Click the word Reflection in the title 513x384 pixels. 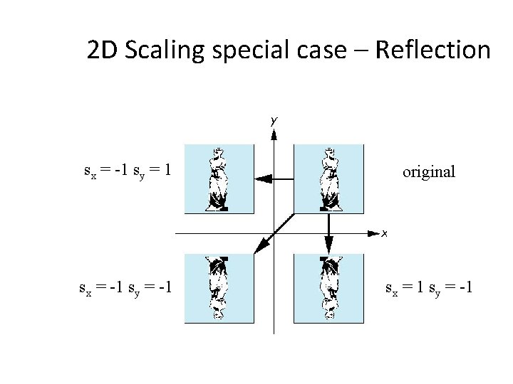[433, 50]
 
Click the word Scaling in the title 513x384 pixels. [160, 50]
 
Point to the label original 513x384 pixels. [428, 171]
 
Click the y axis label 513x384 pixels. [273, 121]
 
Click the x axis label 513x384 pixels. [384, 233]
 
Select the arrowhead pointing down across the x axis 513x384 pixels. [329, 241]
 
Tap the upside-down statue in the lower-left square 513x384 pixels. [219, 287]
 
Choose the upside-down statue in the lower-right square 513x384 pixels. [328, 287]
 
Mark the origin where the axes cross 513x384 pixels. [274, 233]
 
